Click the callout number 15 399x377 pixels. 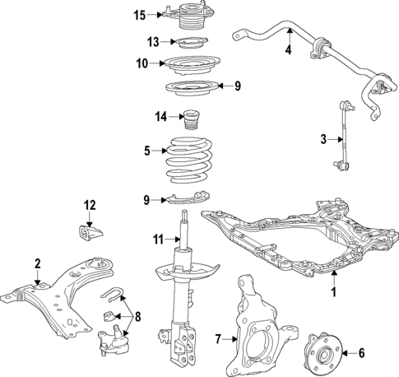coord(139,14)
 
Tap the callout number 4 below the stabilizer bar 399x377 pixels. coord(288,51)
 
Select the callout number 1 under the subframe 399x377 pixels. coord(334,292)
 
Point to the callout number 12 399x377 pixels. coord(90,204)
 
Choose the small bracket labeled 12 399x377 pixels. coord(88,232)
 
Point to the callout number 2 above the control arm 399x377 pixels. coord(37,263)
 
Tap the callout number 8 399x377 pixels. coord(137,315)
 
